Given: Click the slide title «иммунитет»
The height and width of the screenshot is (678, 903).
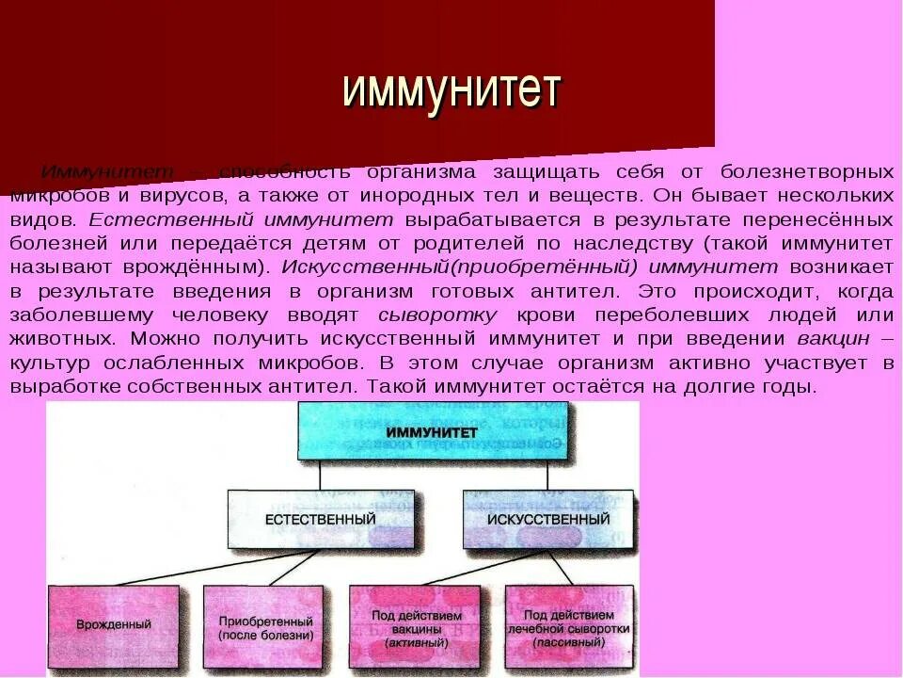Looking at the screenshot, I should tap(451, 91).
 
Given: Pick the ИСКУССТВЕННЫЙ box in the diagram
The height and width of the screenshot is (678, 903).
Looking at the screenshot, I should tap(547, 519).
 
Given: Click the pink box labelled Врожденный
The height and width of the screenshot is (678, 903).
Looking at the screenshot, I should tap(113, 623).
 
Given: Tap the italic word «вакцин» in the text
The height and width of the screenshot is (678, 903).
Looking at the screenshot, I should tap(832, 338).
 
